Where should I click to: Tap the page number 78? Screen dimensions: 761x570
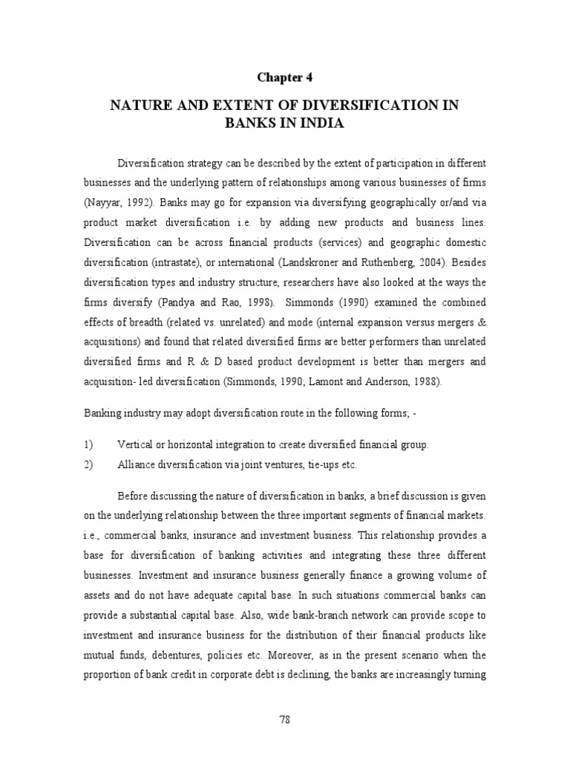click(285, 719)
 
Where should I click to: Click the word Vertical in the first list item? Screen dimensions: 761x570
click(134, 444)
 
